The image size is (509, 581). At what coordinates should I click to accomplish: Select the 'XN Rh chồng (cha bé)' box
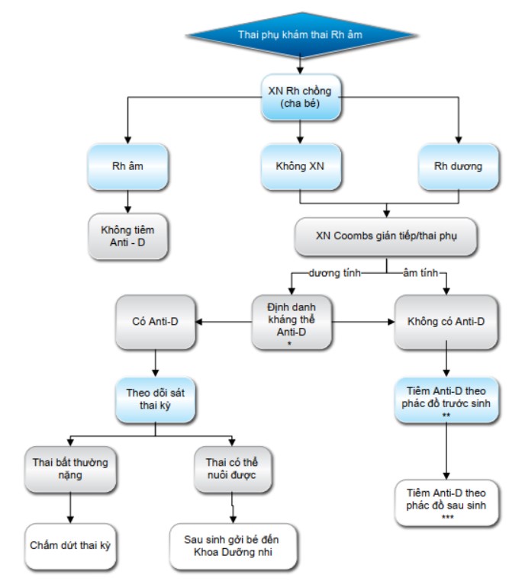(300, 97)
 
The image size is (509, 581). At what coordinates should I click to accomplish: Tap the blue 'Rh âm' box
(127, 166)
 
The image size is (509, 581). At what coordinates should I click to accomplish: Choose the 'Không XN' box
(300, 166)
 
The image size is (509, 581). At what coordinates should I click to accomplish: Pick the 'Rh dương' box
(458, 166)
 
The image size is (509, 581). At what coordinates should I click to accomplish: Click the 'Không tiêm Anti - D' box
(127, 236)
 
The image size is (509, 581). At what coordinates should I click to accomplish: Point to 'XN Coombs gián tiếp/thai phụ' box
(386, 236)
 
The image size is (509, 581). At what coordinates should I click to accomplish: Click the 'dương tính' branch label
(334, 273)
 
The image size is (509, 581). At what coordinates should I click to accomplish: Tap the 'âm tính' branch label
(420, 273)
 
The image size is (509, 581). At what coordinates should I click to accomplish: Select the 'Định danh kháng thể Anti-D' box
(292, 322)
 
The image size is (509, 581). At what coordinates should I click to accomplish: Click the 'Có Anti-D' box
(156, 322)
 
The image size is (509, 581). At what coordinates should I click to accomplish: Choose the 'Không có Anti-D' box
(446, 322)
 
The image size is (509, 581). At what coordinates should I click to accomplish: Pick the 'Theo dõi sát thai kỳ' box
(156, 400)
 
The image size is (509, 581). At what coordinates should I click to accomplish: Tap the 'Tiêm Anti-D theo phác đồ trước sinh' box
(446, 400)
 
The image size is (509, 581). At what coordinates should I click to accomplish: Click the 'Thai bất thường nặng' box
(70, 469)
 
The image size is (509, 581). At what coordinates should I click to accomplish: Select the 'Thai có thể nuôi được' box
(232, 469)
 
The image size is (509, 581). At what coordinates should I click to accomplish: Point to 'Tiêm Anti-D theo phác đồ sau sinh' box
(446, 502)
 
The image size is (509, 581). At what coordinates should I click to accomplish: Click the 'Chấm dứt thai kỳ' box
(70, 546)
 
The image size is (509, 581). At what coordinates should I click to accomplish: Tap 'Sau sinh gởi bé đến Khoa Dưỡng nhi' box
(233, 546)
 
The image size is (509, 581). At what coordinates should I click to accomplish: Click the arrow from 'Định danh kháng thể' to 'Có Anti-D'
(224, 322)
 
